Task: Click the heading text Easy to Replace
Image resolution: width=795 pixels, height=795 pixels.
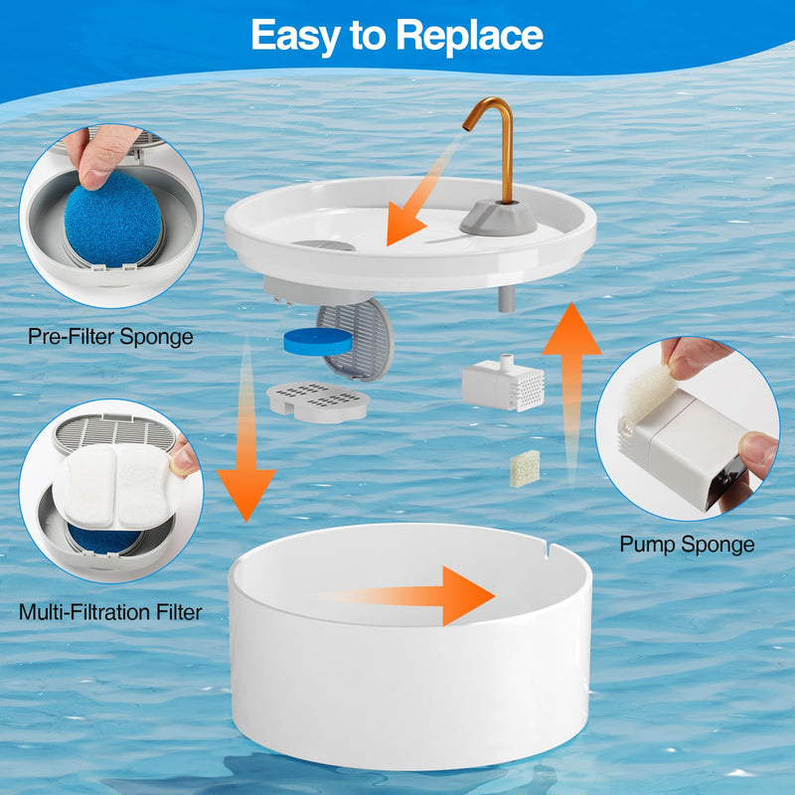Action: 397,36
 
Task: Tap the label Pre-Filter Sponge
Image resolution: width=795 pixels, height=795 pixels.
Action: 110,337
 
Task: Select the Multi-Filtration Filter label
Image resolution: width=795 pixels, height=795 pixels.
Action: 110,612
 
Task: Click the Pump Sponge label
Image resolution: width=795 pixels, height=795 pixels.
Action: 687,545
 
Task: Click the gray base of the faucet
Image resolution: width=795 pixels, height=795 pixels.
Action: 498,218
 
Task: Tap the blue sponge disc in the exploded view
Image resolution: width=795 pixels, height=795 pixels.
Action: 318,341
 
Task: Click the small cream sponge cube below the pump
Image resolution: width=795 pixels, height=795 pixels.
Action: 525,468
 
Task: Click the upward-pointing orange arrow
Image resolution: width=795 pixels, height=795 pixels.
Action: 572,391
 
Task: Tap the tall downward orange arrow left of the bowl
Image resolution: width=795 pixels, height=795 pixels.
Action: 246,431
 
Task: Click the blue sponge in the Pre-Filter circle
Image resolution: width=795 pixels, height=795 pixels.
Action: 113,219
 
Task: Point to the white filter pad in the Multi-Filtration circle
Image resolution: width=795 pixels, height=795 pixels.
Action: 117,487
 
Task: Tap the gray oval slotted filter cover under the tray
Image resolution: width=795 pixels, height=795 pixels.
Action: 356,340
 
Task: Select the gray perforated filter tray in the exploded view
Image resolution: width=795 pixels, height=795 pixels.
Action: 318,401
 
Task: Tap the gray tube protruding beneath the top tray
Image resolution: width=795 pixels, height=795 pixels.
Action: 507,299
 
